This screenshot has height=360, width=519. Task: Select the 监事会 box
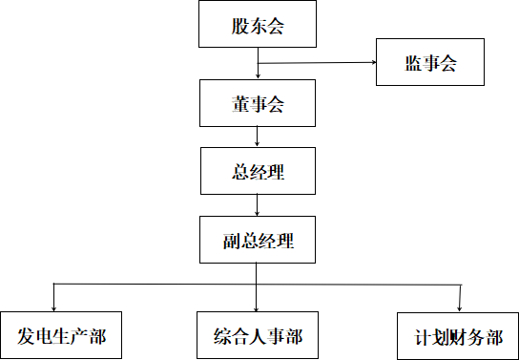coord(430,63)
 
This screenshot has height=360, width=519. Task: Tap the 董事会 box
coord(257,102)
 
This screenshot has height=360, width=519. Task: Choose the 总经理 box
coord(258,172)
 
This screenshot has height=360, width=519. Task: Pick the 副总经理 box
coord(257,241)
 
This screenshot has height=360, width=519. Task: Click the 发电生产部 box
coord(61,336)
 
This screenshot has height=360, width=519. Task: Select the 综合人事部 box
coord(258,335)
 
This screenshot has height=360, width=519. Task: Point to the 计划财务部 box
coord(458,337)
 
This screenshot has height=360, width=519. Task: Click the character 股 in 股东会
coord(239,27)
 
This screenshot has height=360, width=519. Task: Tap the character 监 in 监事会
coord(413,64)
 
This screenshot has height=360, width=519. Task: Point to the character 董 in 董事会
coord(239,103)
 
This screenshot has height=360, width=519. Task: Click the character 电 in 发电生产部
coord(44,336)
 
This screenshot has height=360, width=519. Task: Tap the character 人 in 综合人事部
coord(258,336)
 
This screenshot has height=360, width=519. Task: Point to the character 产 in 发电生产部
coord(79,336)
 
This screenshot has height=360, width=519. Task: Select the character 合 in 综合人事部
coord(239,336)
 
